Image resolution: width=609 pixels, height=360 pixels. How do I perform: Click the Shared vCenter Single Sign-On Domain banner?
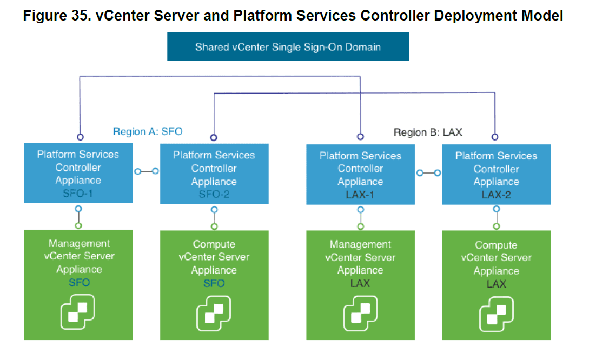[288, 47]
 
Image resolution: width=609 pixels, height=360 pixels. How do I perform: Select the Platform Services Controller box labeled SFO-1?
[78, 173]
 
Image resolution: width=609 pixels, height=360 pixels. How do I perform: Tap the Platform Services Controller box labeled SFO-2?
[214, 174]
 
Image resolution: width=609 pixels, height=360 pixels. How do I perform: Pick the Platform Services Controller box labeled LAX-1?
[360, 174]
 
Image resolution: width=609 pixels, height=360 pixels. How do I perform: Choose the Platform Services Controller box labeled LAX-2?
[496, 174]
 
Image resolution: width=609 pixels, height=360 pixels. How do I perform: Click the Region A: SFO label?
[148, 131]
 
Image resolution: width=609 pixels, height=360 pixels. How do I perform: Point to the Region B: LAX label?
[427, 132]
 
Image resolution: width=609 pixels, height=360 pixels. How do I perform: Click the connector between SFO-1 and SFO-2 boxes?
[146, 171]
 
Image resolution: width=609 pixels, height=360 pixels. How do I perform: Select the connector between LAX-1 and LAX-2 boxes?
[428, 173]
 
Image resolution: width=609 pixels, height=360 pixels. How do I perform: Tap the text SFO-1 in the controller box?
[78, 193]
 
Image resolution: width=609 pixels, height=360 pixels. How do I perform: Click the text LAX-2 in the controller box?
[496, 195]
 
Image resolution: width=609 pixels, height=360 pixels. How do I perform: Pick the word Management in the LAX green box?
[360, 244]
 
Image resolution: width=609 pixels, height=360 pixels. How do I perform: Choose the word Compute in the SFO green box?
[214, 244]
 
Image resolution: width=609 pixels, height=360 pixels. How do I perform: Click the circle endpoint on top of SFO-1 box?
[80, 137]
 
